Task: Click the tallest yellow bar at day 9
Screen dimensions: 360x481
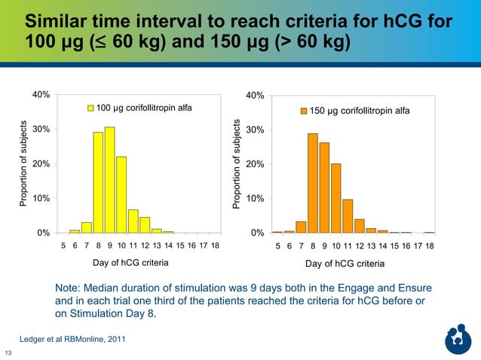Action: pos(109,180)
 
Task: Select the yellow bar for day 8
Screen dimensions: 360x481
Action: pos(98,182)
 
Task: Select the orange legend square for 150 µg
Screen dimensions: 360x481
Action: pos(304,111)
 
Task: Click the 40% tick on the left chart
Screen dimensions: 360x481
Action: pos(41,95)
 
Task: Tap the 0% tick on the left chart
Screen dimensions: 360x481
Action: pos(44,233)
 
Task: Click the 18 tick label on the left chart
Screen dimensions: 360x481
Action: pos(215,246)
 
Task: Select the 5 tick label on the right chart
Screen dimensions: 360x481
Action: pos(277,246)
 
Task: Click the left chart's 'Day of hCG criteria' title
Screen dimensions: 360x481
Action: pos(130,263)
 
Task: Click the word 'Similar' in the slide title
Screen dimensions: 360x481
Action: pos(57,20)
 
